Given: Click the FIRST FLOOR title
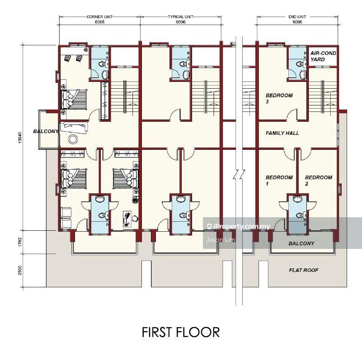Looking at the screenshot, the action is pyautogui.click(x=181, y=332).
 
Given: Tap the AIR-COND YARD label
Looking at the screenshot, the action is pyautogui.click(x=323, y=56).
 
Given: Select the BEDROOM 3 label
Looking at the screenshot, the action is pyautogui.click(x=279, y=98).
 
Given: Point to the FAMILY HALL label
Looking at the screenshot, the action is pyautogui.click(x=282, y=133).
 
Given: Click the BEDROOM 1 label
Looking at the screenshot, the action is pyautogui.click(x=279, y=180).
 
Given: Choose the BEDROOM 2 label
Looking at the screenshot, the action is pyautogui.click(x=319, y=180).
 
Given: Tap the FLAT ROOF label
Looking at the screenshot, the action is pyautogui.click(x=304, y=270).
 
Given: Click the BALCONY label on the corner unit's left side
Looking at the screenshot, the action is pyautogui.click(x=46, y=131).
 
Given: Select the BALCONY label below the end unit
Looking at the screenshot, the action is pyautogui.click(x=301, y=243).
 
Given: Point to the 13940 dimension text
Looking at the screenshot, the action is pyautogui.click(x=20, y=138).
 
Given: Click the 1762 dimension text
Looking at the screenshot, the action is pyautogui.click(x=20, y=242).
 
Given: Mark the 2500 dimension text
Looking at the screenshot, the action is pyautogui.click(x=20, y=270).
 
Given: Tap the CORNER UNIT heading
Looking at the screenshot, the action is pyautogui.click(x=99, y=17).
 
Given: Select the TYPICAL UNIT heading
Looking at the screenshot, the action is pyautogui.click(x=180, y=17).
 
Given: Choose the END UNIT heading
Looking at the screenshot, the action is pyautogui.click(x=297, y=17).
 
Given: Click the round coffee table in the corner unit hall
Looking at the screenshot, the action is pyautogui.click(x=73, y=139).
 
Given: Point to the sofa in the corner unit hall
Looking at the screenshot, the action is pyautogui.click(x=74, y=128).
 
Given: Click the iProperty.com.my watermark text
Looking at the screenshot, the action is pyautogui.click(x=239, y=226).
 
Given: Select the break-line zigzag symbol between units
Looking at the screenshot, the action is pyautogui.click(x=239, y=175).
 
